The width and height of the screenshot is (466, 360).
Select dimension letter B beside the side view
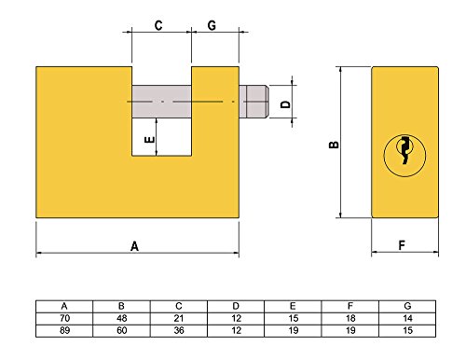(x=333, y=145)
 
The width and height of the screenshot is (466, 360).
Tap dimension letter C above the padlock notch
(x=158, y=26)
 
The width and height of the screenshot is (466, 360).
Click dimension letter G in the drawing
(x=212, y=26)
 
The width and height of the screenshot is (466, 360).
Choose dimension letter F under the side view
(x=402, y=246)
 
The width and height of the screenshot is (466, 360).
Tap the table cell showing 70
(x=63, y=317)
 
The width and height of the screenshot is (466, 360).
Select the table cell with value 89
(x=63, y=329)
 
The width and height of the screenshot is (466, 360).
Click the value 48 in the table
(x=120, y=317)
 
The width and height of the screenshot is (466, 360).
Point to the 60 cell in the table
(x=120, y=329)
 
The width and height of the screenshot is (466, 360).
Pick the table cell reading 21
(x=178, y=317)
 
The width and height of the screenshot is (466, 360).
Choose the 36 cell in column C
(x=178, y=329)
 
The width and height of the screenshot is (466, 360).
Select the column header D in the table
(x=235, y=305)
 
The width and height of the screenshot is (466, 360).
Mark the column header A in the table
(x=63, y=305)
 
